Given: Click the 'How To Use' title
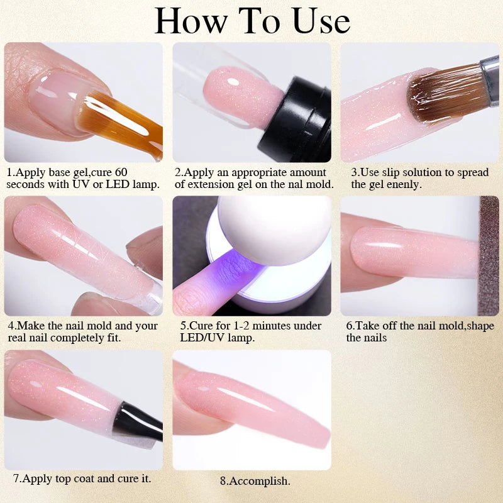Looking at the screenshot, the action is point(252,21).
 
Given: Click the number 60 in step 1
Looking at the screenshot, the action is point(121,172).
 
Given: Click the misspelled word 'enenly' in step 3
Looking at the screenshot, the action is point(404,185).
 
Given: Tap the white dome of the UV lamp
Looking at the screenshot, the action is point(275,229).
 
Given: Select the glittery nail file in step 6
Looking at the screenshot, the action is point(489,256).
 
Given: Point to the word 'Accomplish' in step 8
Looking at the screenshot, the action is point(259,481).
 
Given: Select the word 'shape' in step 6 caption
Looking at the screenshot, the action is point(480,326).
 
